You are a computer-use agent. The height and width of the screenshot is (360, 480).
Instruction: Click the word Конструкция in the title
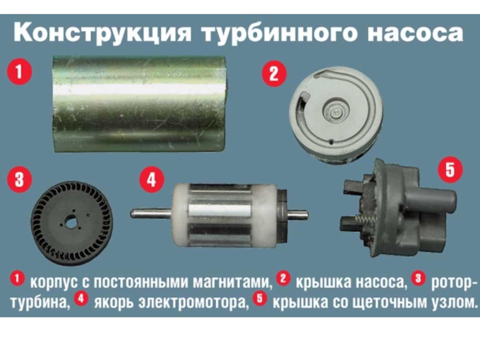(x=103, y=33)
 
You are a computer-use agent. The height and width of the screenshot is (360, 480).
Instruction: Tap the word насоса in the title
(x=415, y=34)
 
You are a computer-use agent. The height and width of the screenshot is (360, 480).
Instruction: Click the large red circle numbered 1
(x=20, y=72)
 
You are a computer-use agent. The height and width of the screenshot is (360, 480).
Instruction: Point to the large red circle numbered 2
(x=274, y=74)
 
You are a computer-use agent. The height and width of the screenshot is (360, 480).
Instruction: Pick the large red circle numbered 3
(x=20, y=179)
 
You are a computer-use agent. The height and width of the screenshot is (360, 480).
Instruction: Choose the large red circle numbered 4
(x=152, y=179)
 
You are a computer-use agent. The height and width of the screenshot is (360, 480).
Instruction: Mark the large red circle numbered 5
(x=451, y=170)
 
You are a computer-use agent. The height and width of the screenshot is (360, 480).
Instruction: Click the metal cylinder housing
(x=139, y=104)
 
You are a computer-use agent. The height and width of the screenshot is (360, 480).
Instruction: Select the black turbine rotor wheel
(x=72, y=223)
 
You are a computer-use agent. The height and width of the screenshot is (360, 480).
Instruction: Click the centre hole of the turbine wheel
(x=71, y=223)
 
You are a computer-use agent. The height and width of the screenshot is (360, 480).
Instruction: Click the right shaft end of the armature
(x=305, y=215)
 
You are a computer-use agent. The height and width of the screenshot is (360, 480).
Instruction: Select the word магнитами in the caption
(x=232, y=282)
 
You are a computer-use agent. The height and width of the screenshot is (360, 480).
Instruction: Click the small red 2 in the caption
(x=283, y=278)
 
